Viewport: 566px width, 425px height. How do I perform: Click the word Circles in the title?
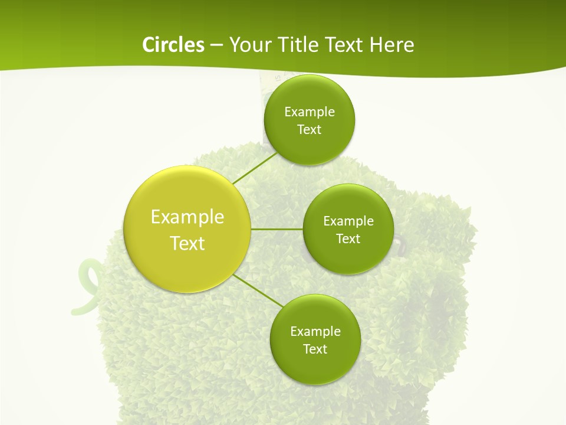click(x=173, y=44)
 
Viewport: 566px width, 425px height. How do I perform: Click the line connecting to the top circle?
click(x=255, y=168)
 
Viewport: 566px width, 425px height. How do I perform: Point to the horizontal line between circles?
click(x=277, y=228)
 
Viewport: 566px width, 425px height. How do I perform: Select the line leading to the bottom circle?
click(x=258, y=290)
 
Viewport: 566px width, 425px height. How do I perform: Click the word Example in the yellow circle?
click(x=187, y=217)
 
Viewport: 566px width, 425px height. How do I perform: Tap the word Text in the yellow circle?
click(x=187, y=243)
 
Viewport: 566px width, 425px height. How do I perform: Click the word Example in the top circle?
click(x=310, y=112)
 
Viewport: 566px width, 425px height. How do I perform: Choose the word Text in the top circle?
click(x=309, y=130)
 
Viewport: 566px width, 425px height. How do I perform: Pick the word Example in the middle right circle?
click(x=348, y=221)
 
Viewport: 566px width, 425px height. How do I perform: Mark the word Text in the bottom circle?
click(x=315, y=349)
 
